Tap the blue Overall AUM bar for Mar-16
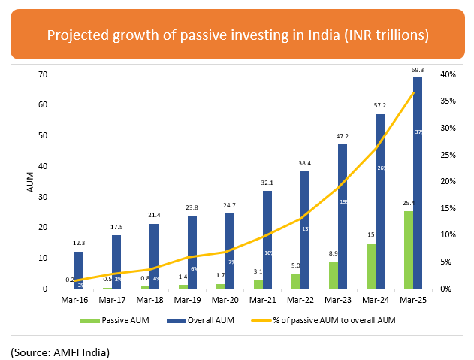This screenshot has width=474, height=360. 79,270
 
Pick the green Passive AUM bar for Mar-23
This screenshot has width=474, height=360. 332,274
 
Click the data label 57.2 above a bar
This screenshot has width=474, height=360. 380,105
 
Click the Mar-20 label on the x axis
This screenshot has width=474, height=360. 226,300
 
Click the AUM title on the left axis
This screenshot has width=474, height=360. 31,182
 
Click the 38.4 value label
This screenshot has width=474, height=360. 305,162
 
